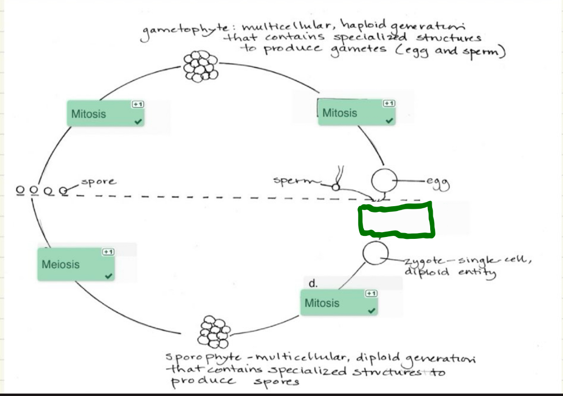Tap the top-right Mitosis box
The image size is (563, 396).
pos(357,113)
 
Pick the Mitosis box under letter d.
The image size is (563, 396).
pos(339,303)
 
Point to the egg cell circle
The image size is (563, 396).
pos(384,182)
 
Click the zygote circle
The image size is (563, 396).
pos(375,254)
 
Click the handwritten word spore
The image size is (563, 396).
pos(98,182)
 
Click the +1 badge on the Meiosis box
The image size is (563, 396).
pos(108,252)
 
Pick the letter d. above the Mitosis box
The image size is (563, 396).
pos(313,284)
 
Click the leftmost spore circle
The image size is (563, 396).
pos(20,190)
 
